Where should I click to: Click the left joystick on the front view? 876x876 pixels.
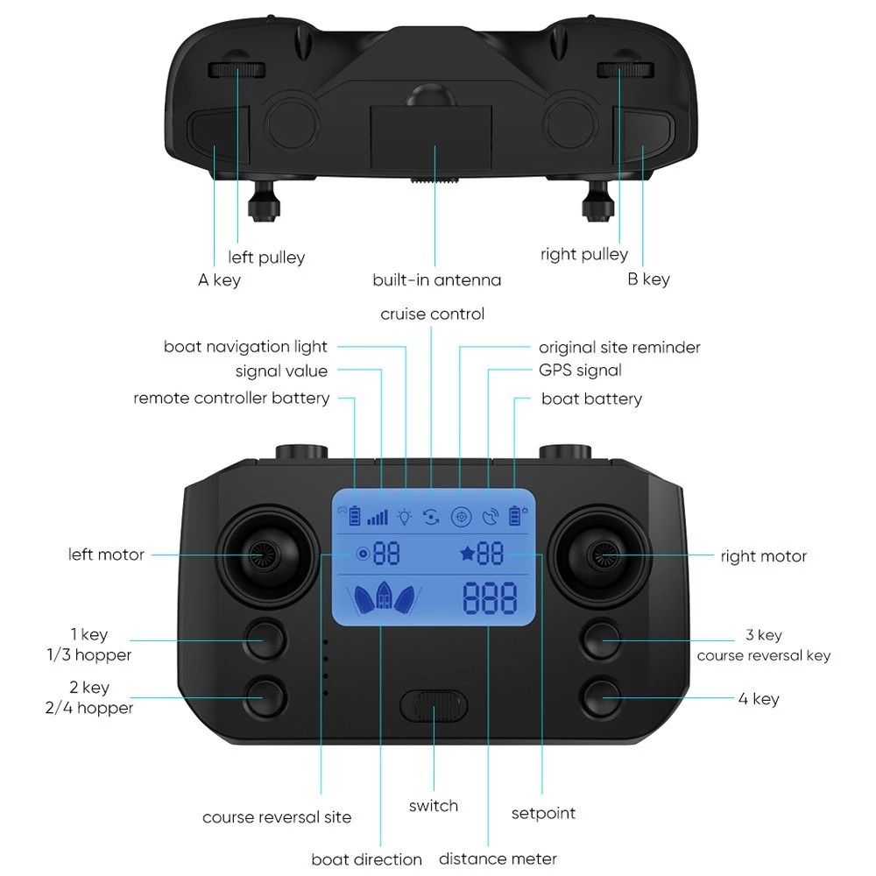click(267, 555)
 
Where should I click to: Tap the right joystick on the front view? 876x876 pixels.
click(600, 555)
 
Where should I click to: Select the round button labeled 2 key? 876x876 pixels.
click(266, 697)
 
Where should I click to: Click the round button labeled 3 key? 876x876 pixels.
click(601, 640)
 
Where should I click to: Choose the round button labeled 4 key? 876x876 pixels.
click(601, 698)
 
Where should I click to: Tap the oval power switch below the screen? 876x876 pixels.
click(434, 705)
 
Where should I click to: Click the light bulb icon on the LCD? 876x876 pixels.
click(404, 517)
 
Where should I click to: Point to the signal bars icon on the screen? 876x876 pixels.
click(378, 518)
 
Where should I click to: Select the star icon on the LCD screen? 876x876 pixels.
click(467, 554)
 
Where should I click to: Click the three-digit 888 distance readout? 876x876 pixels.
click(490, 597)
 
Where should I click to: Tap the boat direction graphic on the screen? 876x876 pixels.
click(385, 597)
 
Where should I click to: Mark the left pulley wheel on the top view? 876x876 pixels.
click(237, 70)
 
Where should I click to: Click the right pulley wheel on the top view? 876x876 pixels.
click(625, 70)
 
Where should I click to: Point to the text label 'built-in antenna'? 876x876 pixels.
click(437, 280)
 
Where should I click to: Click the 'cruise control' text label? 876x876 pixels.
click(433, 314)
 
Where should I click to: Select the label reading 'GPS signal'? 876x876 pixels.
click(580, 371)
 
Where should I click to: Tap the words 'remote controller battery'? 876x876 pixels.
click(231, 399)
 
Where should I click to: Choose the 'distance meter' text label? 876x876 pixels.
click(498, 858)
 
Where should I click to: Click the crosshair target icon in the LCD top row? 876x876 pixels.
click(461, 517)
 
